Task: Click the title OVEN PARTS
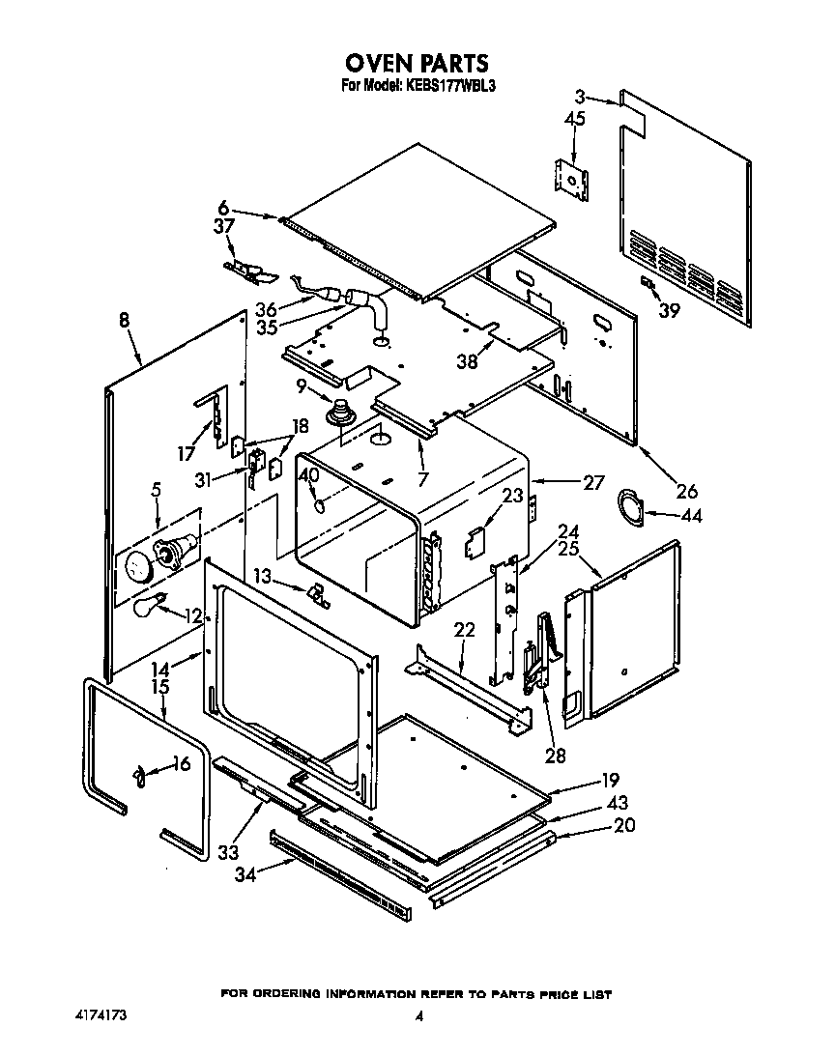pyautogui.click(x=417, y=64)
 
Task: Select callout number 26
pyautogui.click(x=686, y=489)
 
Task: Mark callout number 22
pyautogui.click(x=465, y=629)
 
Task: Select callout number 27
pyautogui.click(x=593, y=481)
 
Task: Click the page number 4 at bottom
pyautogui.click(x=418, y=1016)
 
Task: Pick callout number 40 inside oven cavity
pyautogui.click(x=308, y=475)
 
